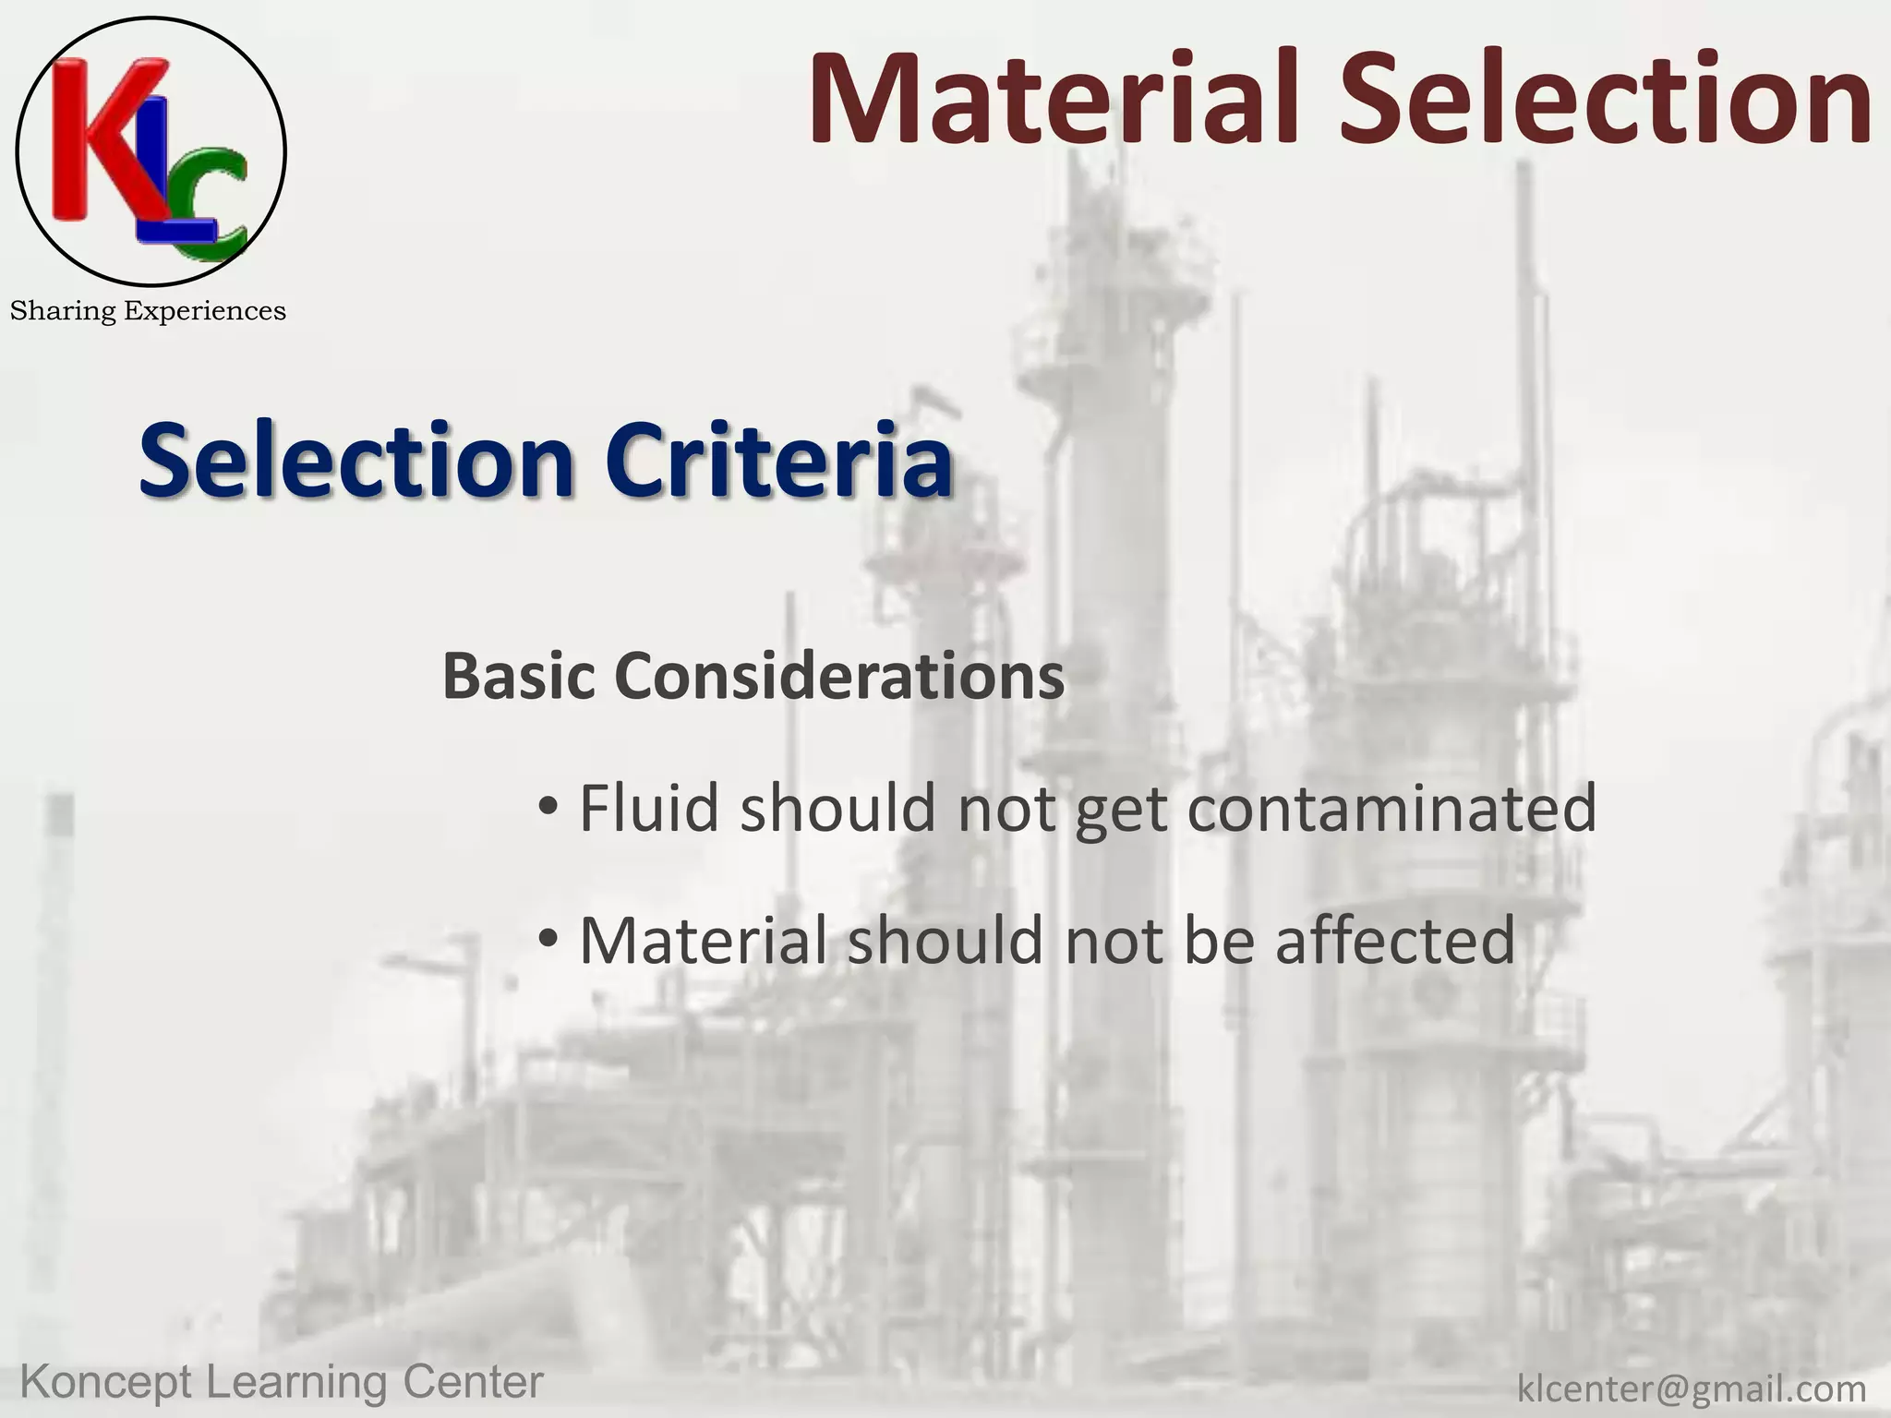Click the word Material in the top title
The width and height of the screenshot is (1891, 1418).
click(1062, 100)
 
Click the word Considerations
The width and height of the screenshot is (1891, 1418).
click(839, 676)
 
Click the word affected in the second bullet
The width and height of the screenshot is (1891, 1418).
click(1395, 940)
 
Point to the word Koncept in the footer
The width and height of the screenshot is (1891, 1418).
click(106, 1383)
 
